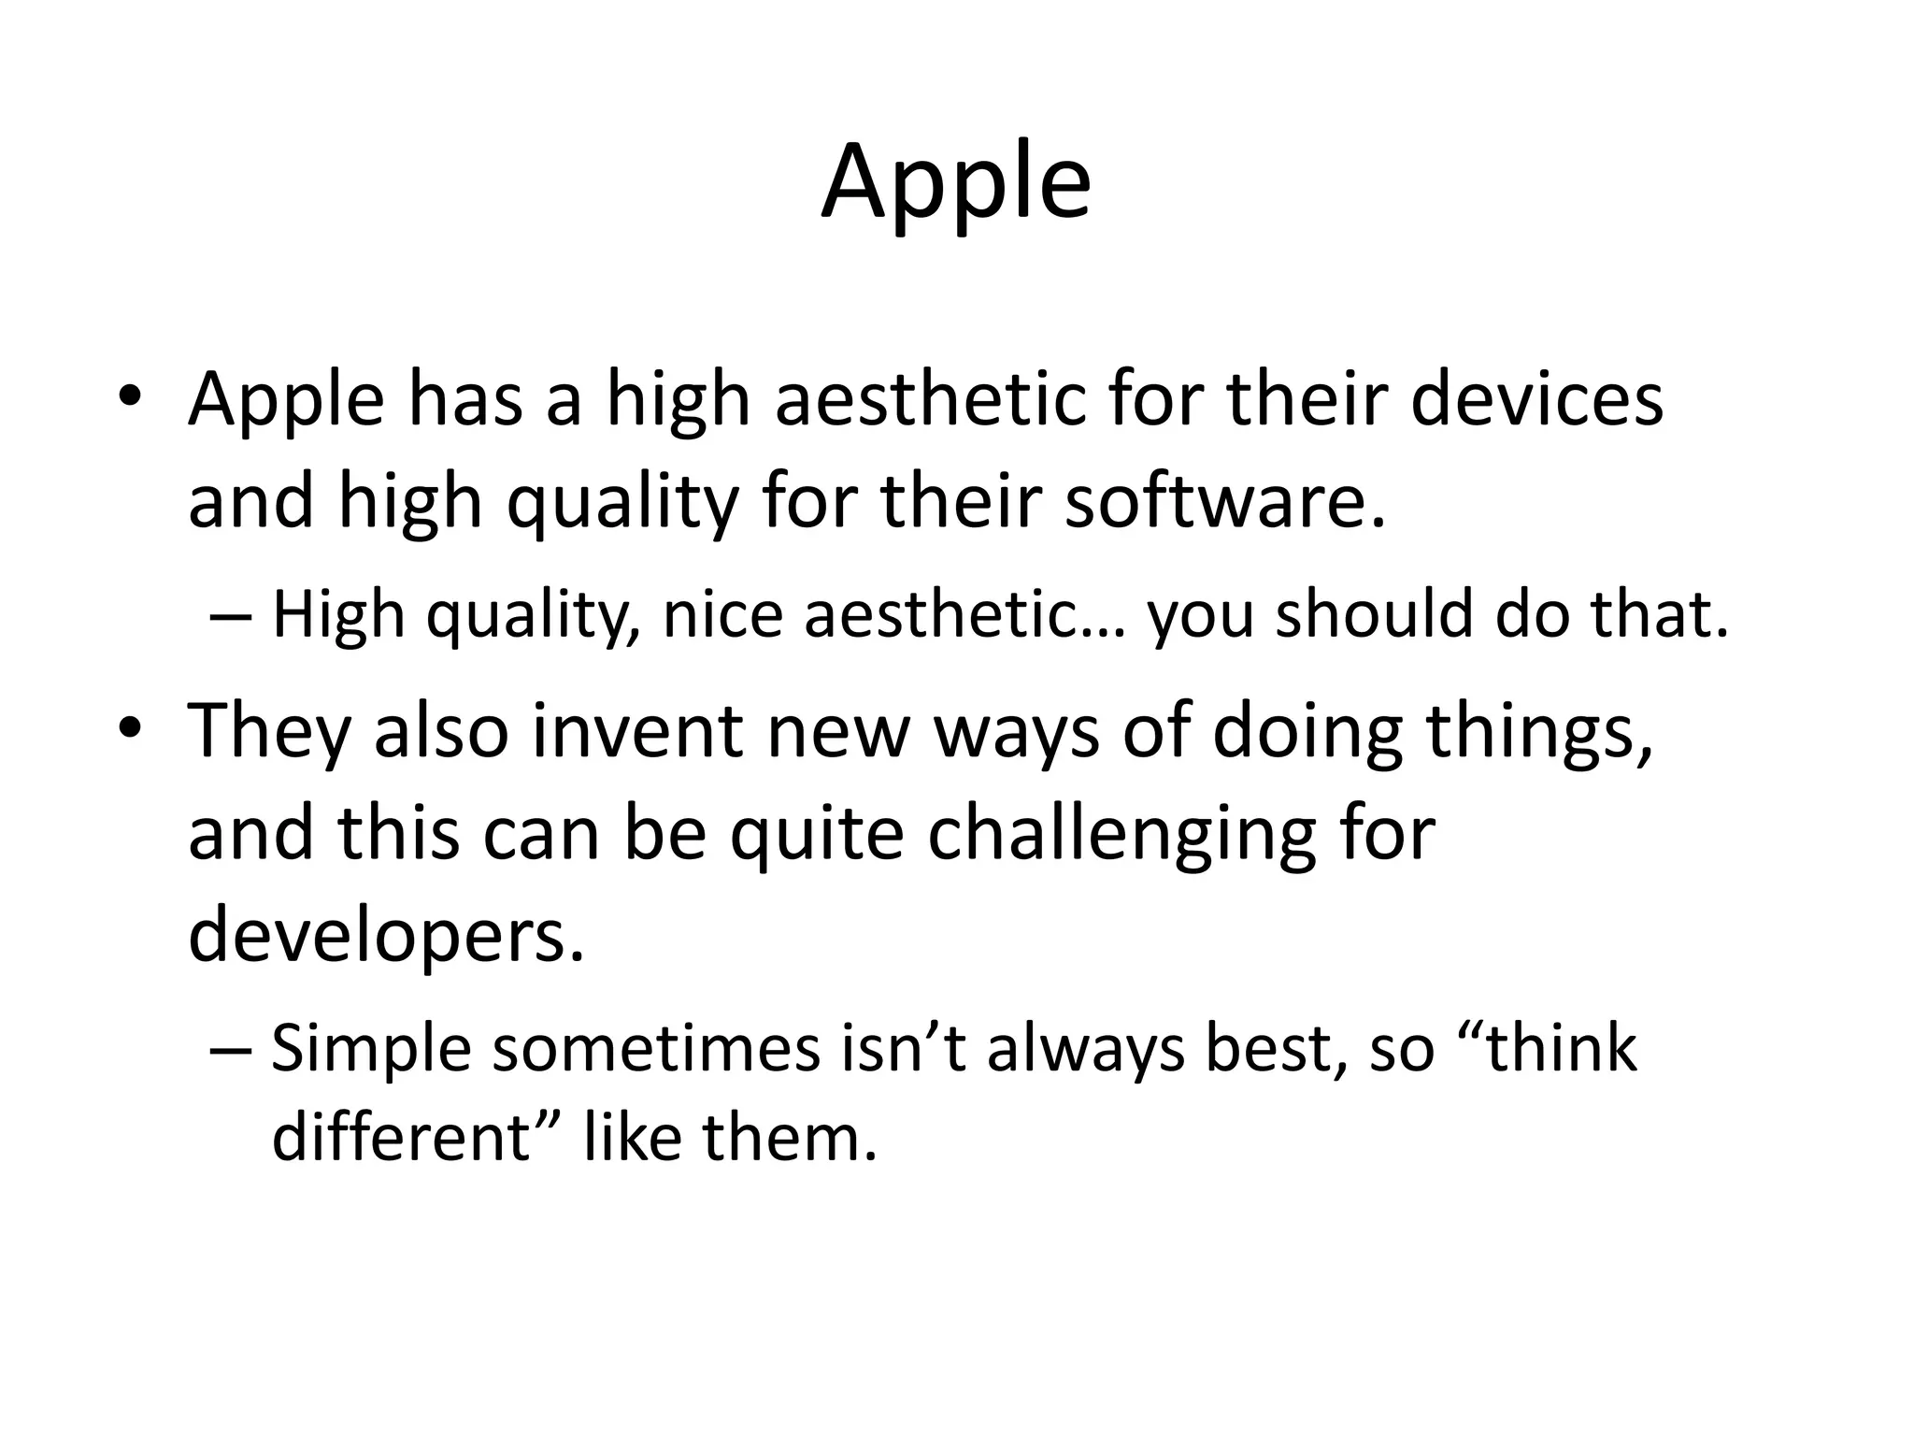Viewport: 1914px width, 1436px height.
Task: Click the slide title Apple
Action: point(956,184)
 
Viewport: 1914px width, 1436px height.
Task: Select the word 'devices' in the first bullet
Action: point(1536,400)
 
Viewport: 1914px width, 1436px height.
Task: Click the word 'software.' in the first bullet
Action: point(1225,502)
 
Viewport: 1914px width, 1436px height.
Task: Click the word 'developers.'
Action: point(386,937)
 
